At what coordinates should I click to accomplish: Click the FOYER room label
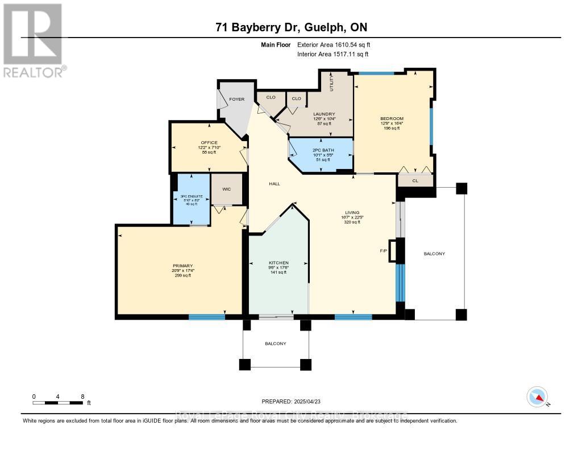236,100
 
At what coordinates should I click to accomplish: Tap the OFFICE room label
209,142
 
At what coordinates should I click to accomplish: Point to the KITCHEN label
279,263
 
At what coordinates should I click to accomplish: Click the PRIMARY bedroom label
183,266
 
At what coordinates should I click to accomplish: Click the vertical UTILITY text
333,83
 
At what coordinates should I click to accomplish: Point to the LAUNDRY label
324,114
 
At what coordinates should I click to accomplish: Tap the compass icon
537,396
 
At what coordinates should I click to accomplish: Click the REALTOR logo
32,40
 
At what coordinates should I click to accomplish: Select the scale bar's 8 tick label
82,396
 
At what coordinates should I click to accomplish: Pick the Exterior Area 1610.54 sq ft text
334,44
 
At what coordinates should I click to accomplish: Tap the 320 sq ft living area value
352,222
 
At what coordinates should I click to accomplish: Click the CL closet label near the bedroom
415,181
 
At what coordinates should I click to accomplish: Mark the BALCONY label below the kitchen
275,344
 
